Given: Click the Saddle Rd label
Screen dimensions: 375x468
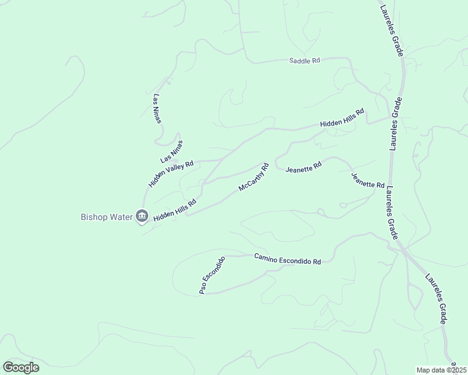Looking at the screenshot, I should [305, 61].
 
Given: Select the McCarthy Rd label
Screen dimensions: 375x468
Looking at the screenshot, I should [253, 177].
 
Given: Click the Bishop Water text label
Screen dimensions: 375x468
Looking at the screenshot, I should [107, 217].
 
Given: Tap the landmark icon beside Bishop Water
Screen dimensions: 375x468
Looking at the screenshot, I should [141, 217].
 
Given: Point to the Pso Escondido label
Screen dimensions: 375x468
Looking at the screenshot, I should [211, 276].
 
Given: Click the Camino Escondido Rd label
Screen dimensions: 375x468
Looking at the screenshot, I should [287, 259].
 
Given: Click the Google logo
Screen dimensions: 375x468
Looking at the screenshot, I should [21, 367].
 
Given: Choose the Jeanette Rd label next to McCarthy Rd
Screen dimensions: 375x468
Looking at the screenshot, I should [303, 167].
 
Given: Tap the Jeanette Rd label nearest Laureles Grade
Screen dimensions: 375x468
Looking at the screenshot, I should [367, 181].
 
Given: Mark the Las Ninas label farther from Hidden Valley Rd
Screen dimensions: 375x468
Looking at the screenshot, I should [157, 109].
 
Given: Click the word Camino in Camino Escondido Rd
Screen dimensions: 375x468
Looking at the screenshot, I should [267, 256].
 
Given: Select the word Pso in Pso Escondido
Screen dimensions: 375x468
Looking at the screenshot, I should [203, 288].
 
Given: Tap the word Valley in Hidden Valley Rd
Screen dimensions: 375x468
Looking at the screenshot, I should [173, 172].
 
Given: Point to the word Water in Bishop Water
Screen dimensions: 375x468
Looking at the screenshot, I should [122, 217].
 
